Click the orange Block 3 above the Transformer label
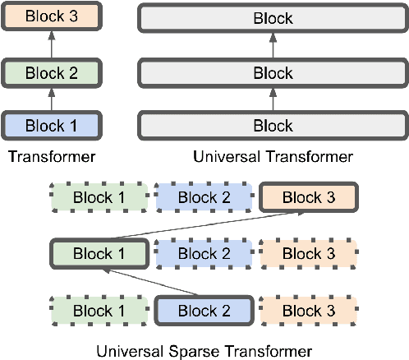51,17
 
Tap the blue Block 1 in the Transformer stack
51,126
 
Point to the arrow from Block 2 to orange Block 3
51,44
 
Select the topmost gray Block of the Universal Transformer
272,17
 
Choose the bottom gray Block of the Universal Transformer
272,126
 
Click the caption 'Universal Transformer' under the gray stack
272,156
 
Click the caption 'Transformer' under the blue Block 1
51,156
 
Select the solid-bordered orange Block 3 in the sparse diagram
308,197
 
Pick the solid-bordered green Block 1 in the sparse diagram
99,254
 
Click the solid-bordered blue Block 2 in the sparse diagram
204,311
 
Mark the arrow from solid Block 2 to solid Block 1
151,283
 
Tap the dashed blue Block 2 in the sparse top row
204,197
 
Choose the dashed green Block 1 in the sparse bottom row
99,311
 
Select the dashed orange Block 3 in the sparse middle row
308,254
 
